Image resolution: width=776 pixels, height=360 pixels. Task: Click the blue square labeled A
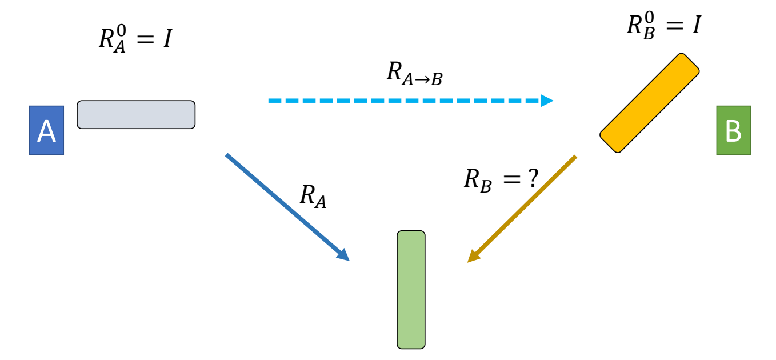(46, 130)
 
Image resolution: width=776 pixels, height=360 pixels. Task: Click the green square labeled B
(733, 130)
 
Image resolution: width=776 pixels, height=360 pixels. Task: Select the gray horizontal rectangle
(136, 115)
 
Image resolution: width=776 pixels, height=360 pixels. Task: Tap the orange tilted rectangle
(650, 103)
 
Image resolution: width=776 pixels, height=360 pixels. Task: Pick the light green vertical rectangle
(411, 290)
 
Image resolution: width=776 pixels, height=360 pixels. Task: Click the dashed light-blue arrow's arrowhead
(547, 101)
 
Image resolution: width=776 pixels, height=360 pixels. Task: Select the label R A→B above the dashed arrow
(414, 74)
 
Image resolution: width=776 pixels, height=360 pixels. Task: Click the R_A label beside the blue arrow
(313, 197)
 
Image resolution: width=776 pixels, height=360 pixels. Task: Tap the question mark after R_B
(533, 179)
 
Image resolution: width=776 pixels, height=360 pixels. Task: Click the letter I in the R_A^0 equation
(166, 39)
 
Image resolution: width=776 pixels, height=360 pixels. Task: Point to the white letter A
(46, 131)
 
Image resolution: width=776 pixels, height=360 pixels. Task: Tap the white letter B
(733, 131)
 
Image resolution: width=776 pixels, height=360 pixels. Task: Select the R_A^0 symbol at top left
(111, 39)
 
